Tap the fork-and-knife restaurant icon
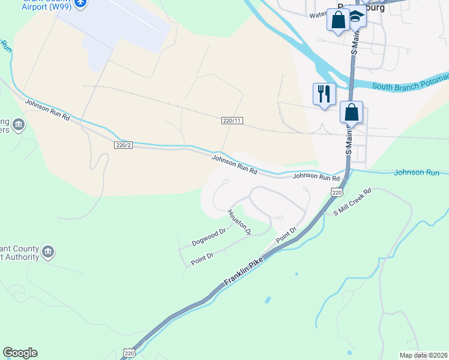[x=324, y=94]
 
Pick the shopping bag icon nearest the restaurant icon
[x=351, y=112]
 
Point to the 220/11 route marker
[x=232, y=121]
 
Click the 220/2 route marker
[x=122, y=145]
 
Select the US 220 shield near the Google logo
[x=129, y=354]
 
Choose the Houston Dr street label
[x=239, y=222]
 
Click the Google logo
[x=20, y=353]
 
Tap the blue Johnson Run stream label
[x=417, y=173]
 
